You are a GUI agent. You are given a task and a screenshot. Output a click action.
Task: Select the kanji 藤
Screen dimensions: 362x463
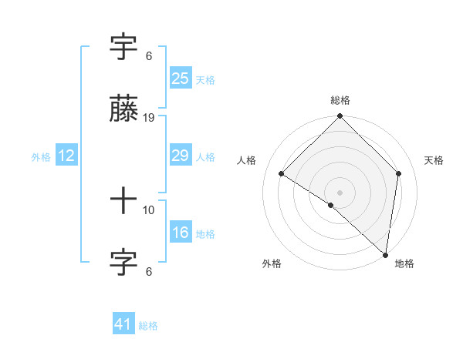[x=123, y=110]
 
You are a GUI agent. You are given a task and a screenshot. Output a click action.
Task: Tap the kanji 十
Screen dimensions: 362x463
[x=123, y=202]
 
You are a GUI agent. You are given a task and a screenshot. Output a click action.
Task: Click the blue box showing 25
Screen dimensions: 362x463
[x=180, y=79]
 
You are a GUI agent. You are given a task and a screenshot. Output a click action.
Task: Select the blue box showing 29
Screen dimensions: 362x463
[x=180, y=156]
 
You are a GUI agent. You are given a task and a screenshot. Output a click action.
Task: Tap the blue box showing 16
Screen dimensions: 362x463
[x=180, y=233]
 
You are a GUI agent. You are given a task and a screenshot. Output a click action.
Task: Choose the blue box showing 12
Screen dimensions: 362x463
[x=66, y=156]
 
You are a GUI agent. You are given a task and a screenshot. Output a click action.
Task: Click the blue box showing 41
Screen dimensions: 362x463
[x=123, y=324]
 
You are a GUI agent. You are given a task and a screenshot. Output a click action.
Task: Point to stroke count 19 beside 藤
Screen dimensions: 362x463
[x=150, y=118]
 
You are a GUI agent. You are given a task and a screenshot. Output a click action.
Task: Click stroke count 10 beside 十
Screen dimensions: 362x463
[x=150, y=209]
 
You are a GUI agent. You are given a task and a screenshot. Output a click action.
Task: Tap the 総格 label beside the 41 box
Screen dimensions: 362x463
[x=148, y=326]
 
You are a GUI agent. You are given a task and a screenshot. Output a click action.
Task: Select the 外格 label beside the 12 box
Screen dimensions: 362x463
[x=41, y=157]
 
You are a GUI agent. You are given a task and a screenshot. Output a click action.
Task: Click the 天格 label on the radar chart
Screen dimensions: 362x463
[x=434, y=160]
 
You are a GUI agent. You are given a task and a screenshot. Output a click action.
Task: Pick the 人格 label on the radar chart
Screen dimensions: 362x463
[x=246, y=160]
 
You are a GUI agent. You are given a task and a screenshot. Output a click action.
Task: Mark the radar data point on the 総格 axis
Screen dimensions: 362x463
[x=340, y=117]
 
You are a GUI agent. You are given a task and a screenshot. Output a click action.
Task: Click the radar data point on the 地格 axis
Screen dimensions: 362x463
[x=385, y=253]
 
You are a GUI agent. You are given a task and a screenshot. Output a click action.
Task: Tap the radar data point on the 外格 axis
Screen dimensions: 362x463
[x=331, y=205]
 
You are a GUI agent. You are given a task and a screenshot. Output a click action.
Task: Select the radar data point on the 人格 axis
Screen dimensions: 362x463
[x=282, y=174]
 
